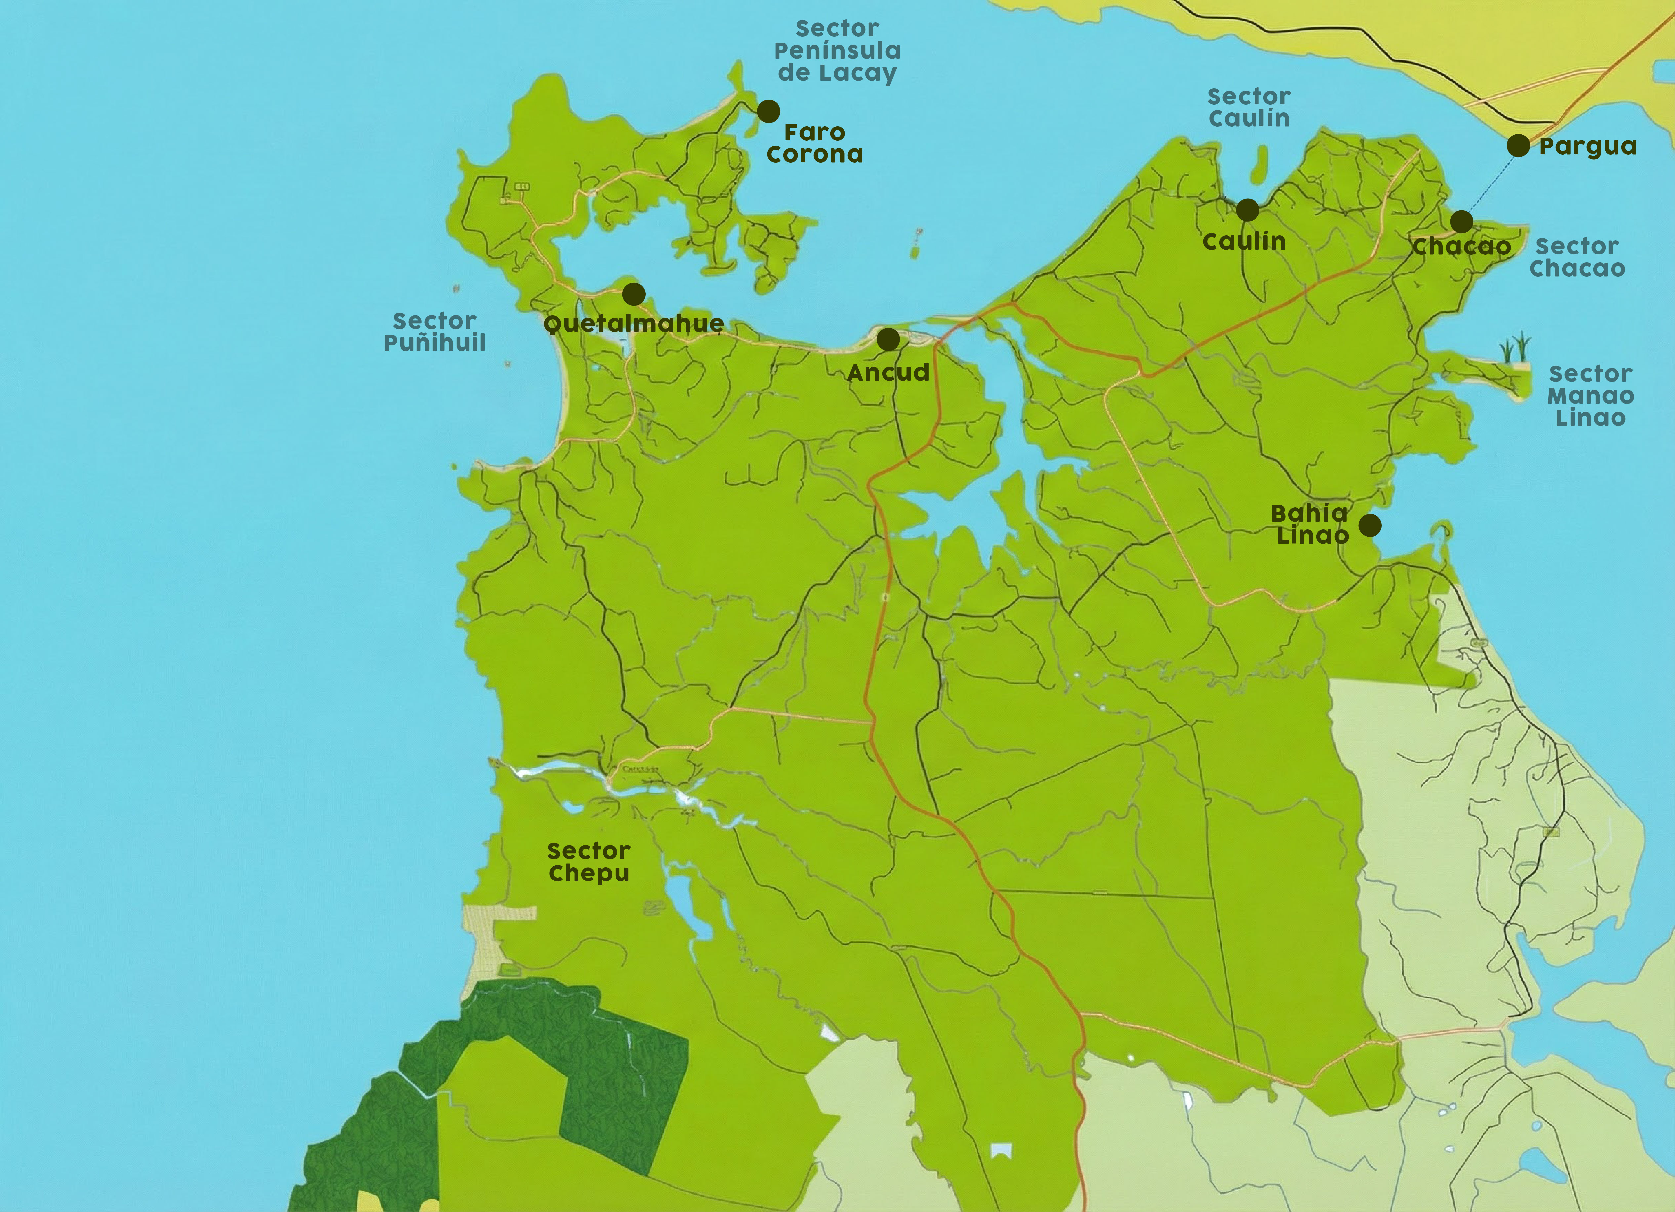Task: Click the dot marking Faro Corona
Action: point(768,111)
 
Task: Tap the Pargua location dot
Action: point(1518,145)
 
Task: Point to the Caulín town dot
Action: point(1247,210)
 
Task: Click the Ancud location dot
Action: point(888,340)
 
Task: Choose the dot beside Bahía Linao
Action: point(1370,525)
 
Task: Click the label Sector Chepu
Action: point(589,862)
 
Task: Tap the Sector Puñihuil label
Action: point(434,332)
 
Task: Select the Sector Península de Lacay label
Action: point(837,51)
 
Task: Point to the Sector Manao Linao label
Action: point(1590,396)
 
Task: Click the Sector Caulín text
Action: point(1249,107)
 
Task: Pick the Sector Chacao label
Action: point(1577,257)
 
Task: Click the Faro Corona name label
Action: point(815,143)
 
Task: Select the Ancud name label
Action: point(888,372)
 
